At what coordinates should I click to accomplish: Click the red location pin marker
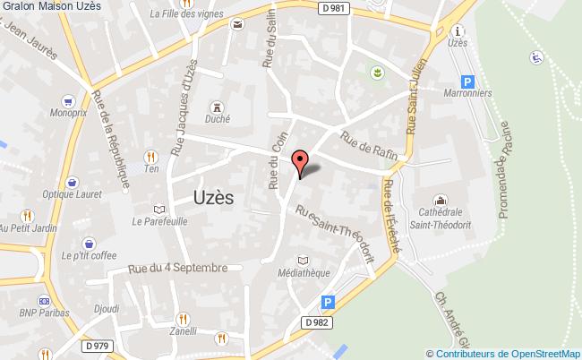pos(301,163)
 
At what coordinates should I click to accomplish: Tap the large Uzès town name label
pos(214,198)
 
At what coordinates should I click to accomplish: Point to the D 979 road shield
pos(98,346)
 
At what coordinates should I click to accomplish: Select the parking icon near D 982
pos(328,303)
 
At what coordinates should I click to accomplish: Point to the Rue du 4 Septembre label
pos(177,268)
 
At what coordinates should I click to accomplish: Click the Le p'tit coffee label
pos(89,255)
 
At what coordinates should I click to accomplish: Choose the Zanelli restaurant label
pos(184,331)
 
